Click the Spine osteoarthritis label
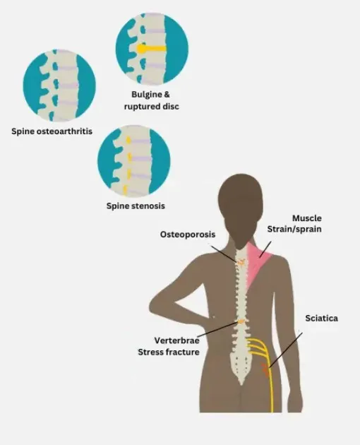(x=52, y=131)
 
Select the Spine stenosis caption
(x=136, y=206)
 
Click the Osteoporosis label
(x=188, y=235)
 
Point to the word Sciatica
(x=321, y=318)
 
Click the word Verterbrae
(x=176, y=340)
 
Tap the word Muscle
(x=307, y=218)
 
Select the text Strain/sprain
(x=294, y=229)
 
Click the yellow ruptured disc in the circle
(x=151, y=49)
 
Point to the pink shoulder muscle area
(x=257, y=264)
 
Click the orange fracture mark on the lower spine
(x=241, y=321)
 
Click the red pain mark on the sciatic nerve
(x=265, y=370)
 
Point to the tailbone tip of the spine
(x=241, y=384)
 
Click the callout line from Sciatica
(x=286, y=350)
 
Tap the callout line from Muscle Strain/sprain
(x=265, y=249)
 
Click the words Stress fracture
(x=169, y=352)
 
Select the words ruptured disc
(x=152, y=107)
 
